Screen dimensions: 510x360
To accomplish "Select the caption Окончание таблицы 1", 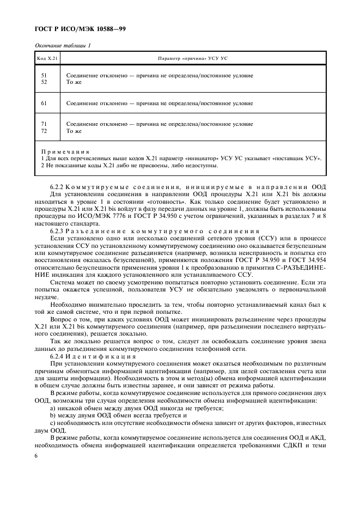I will pos(63,46).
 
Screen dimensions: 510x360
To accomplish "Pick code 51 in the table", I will pos(44,75).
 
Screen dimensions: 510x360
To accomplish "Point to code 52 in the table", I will pos(44,82).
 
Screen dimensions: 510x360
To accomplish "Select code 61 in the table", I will pos(44,103).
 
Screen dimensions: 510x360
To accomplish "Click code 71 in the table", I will pos(44,124).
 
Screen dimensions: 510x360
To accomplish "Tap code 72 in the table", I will pos(44,131).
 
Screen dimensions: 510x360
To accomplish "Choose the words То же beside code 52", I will pos(74,82).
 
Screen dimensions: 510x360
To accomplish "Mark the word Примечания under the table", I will pos(65,151).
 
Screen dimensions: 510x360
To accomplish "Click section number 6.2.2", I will pos(57,187).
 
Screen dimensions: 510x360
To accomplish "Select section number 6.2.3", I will pos(57,230).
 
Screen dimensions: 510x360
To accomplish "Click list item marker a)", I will pos(52,407).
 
